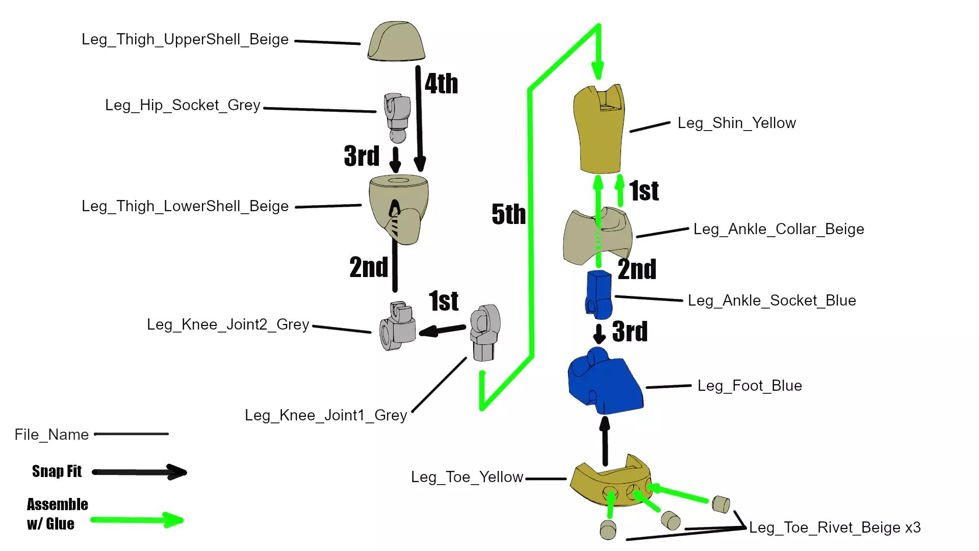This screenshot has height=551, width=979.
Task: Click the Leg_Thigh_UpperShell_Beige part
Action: click(396, 42)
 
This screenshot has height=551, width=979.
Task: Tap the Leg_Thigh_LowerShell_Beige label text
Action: click(185, 206)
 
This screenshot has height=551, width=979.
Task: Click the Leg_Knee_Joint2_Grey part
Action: click(398, 327)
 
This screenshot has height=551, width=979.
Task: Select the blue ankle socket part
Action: click(599, 293)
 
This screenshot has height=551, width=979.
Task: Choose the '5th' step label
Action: click(508, 214)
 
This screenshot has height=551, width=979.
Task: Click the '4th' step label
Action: click(441, 84)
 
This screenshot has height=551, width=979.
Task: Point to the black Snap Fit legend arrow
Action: click(139, 472)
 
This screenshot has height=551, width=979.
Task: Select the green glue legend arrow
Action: click(137, 520)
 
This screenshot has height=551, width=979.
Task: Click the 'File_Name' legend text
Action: click(51, 435)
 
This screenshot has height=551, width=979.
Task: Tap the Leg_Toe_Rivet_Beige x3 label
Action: click(835, 528)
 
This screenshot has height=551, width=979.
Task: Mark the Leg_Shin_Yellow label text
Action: click(736, 123)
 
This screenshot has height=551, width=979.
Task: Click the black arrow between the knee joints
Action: click(442, 330)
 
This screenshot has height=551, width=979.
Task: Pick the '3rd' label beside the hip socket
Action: click(362, 156)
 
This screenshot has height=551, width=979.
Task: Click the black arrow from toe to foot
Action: click(605, 441)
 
